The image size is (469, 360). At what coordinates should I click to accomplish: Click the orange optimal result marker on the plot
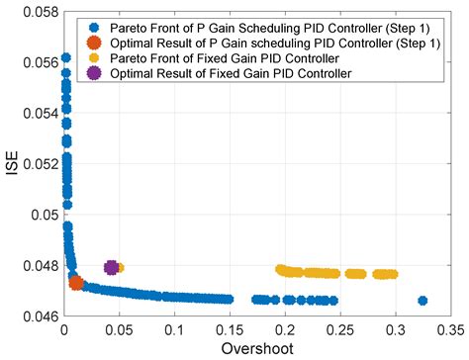point(76,283)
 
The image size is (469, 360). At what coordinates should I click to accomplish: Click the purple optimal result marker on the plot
point(112,267)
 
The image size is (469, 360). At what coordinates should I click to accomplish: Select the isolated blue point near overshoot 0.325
point(422,300)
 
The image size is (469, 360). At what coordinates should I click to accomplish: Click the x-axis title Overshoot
point(256,347)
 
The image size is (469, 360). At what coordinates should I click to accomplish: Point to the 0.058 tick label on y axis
point(41,12)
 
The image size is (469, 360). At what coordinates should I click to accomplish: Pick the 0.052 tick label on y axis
point(41,164)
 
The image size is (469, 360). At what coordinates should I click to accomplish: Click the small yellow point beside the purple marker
point(121,267)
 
